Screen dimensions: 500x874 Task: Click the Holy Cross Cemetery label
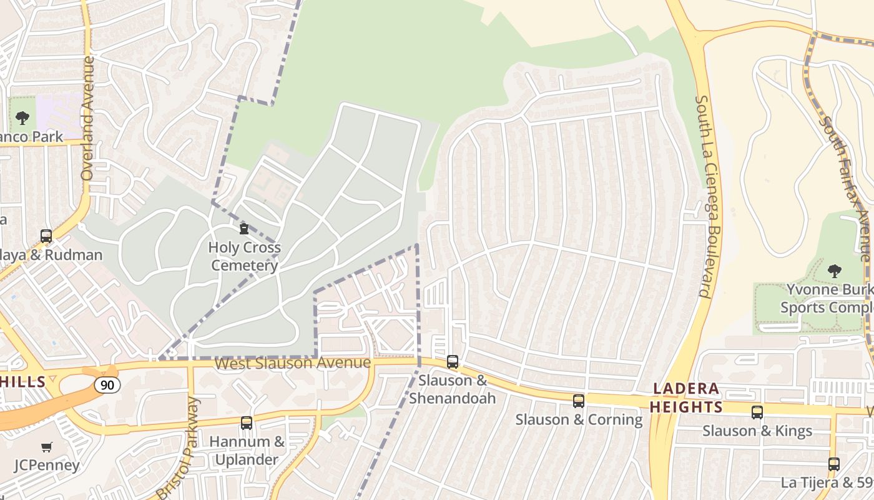[x=244, y=256]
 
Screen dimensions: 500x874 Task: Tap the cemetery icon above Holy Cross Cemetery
[x=244, y=229]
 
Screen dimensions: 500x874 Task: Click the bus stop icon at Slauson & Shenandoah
[x=453, y=362]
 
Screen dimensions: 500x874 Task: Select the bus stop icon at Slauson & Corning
[x=579, y=401]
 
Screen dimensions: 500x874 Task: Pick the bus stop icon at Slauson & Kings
[x=757, y=412]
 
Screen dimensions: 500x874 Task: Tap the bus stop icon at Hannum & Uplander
[x=247, y=423]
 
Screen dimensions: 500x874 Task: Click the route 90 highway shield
[x=107, y=384]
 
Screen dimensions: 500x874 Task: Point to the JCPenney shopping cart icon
[x=47, y=447]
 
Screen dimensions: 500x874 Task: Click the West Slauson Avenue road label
[x=292, y=363]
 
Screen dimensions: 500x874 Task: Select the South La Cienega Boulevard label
[x=704, y=196]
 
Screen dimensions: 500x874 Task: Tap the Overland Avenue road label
[x=87, y=119]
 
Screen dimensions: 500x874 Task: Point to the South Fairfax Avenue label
[x=847, y=187]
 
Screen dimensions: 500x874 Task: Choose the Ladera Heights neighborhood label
[x=686, y=398]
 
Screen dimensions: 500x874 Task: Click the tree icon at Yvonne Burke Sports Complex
[x=834, y=271]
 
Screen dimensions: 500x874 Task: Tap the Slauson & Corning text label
[x=579, y=419]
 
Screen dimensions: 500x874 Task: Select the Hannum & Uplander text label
[x=247, y=451]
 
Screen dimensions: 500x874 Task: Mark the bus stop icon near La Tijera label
[x=834, y=464]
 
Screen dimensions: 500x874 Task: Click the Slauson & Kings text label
[x=757, y=431]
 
